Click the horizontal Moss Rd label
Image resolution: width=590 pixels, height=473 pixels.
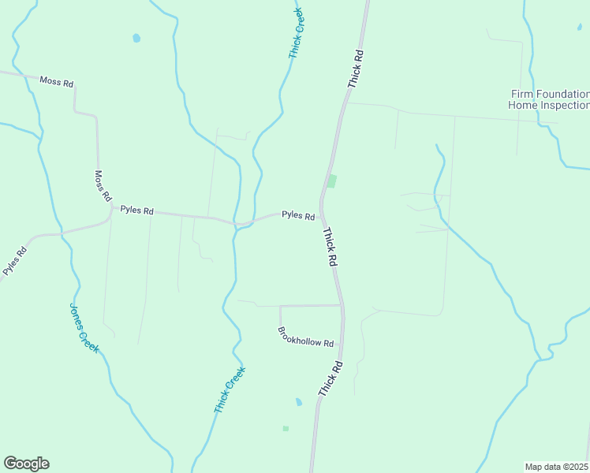click(57, 82)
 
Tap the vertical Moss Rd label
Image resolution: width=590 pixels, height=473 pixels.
click(103, 187)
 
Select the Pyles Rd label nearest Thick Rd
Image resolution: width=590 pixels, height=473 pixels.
click(298, 215)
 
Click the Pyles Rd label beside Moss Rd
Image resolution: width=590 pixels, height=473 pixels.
click(136, 211)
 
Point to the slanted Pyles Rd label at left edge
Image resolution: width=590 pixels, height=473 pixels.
click(14, 261)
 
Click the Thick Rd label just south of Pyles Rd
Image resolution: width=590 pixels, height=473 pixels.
click(330, 248)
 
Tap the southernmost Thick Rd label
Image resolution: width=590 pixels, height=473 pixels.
click(330, 378)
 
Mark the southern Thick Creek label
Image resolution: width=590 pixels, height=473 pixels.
click(230, 390)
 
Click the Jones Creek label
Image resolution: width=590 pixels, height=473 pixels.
click(84, 328)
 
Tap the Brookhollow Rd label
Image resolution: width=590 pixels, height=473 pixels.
click(306, 337)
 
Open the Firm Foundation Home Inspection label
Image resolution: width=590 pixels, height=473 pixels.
click(549, 99)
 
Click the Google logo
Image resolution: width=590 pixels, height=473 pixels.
click(26, 464)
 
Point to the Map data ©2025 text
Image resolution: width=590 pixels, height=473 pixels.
click(557, 466)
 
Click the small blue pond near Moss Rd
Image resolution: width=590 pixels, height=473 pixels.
click(136, 38)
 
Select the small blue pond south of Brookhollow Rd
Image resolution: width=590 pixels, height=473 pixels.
click(298, 402)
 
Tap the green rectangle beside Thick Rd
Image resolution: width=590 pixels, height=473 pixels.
click(332, 181)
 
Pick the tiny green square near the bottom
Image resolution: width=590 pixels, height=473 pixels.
click(286, 428)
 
